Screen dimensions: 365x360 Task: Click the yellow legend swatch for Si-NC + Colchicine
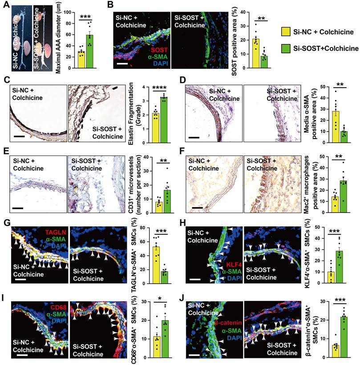(287, 32)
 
